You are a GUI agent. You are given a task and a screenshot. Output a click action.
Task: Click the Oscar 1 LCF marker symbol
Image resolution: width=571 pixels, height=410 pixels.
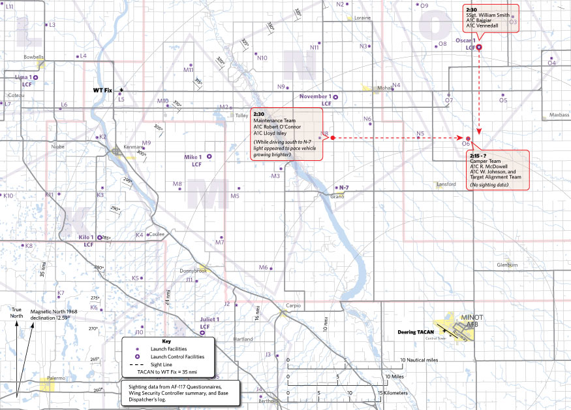(x=479, y=47)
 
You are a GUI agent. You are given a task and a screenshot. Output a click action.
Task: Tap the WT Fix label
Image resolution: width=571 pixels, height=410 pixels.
(x=104, y=90)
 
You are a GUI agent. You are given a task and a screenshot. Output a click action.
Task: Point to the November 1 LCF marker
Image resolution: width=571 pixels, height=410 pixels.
(x=336, y=97)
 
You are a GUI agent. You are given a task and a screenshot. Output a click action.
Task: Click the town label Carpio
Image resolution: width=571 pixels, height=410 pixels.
(x=294, y=305)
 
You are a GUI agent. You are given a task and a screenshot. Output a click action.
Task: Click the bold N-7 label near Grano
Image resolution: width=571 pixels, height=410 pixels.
(x=343, y=188)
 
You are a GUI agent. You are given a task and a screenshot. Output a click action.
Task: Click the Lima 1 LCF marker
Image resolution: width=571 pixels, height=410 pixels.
(x=35, y=78)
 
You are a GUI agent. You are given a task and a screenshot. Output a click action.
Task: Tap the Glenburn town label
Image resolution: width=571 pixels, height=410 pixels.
(x=506, y=265)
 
